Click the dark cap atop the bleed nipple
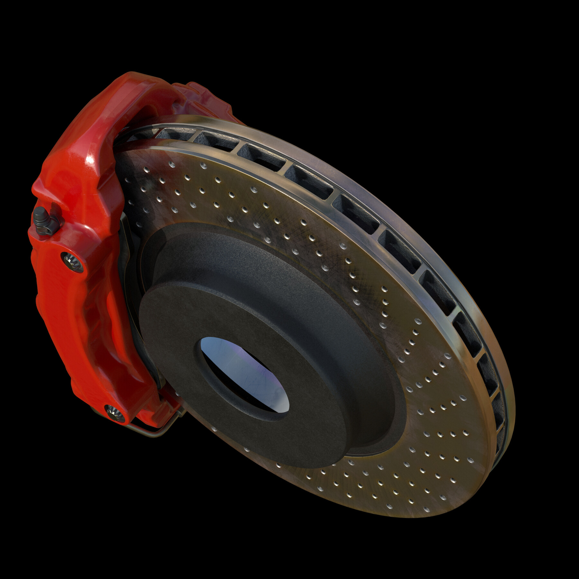click(x=40, y=212)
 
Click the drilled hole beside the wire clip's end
click(x=215, y=429)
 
